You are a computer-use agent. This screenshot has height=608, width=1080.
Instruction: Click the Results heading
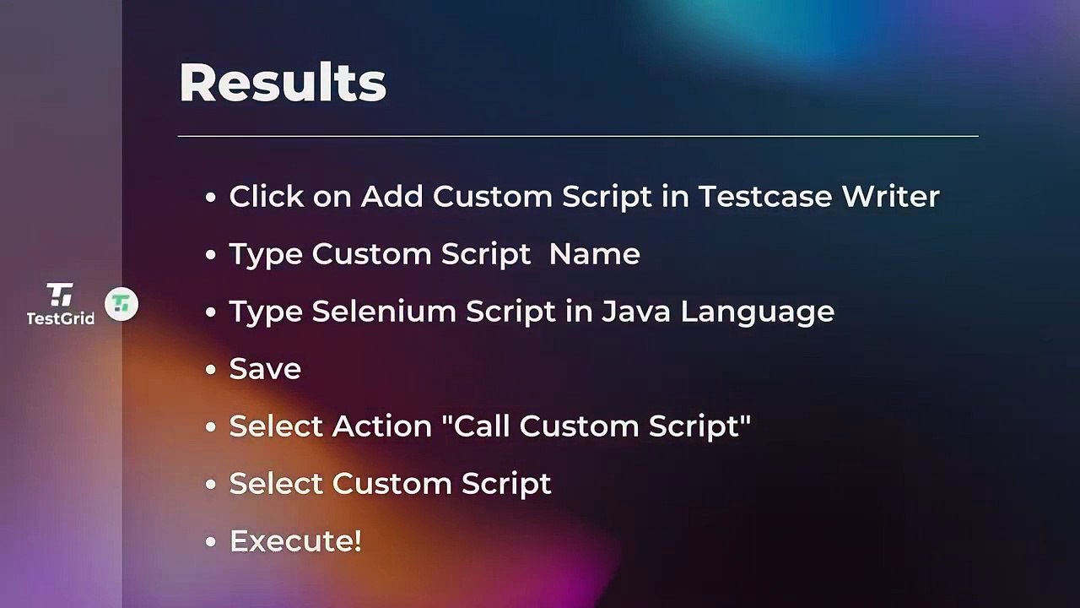(283, 83)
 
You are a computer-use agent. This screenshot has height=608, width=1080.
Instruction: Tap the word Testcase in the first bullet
(764, 196)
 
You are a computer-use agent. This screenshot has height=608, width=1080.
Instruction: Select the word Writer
(891, 196)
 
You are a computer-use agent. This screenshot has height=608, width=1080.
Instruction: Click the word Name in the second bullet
(594, 253)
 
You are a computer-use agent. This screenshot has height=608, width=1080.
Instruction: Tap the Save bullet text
(265, 368)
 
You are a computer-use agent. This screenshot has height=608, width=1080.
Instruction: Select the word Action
(382, 426)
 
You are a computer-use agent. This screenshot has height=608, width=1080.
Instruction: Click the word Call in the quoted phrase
(482, 426)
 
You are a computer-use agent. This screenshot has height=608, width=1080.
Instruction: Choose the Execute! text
(295, 540)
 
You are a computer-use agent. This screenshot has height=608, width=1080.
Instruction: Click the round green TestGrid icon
(121, 304)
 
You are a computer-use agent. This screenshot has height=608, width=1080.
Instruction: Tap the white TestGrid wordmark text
(60, 318)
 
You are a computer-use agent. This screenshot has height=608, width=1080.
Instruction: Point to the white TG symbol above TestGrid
(60, 295)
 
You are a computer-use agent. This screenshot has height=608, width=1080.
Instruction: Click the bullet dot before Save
(211, 370)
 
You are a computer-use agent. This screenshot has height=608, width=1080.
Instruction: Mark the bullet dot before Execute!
(211, 542)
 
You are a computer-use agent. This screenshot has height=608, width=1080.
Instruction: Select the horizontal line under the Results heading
(578, 135)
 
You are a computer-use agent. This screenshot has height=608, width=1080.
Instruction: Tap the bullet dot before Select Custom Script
(211, 485)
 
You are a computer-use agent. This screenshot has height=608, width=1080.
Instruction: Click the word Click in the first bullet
(267, 196)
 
